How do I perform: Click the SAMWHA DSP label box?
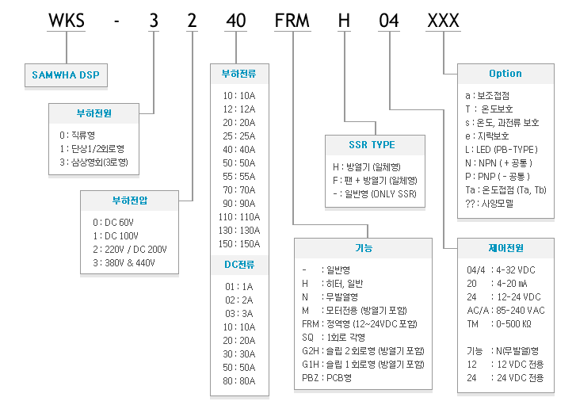point(66,75)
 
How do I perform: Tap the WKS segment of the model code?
point(67,21)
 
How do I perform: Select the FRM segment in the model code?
point(292,21)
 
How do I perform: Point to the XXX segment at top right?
point(444,21)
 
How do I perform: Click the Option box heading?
point(505,74)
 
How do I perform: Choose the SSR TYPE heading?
point(372,145)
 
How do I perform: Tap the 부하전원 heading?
point(94,113)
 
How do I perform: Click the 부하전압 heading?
point(130,201)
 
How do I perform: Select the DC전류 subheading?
point(239,265)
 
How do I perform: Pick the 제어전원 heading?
point(505,248)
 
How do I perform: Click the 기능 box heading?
point(364,248)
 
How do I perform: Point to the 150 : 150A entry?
point(239,243)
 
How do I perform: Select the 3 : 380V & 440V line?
point(124,263)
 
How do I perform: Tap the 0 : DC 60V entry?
point(113,223)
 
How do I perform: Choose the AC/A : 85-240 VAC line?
point(505,311)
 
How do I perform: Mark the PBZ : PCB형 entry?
point(327,378)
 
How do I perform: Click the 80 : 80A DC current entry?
point(239,381)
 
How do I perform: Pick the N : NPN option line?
point(499,163)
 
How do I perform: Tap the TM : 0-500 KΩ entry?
point(499,324)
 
